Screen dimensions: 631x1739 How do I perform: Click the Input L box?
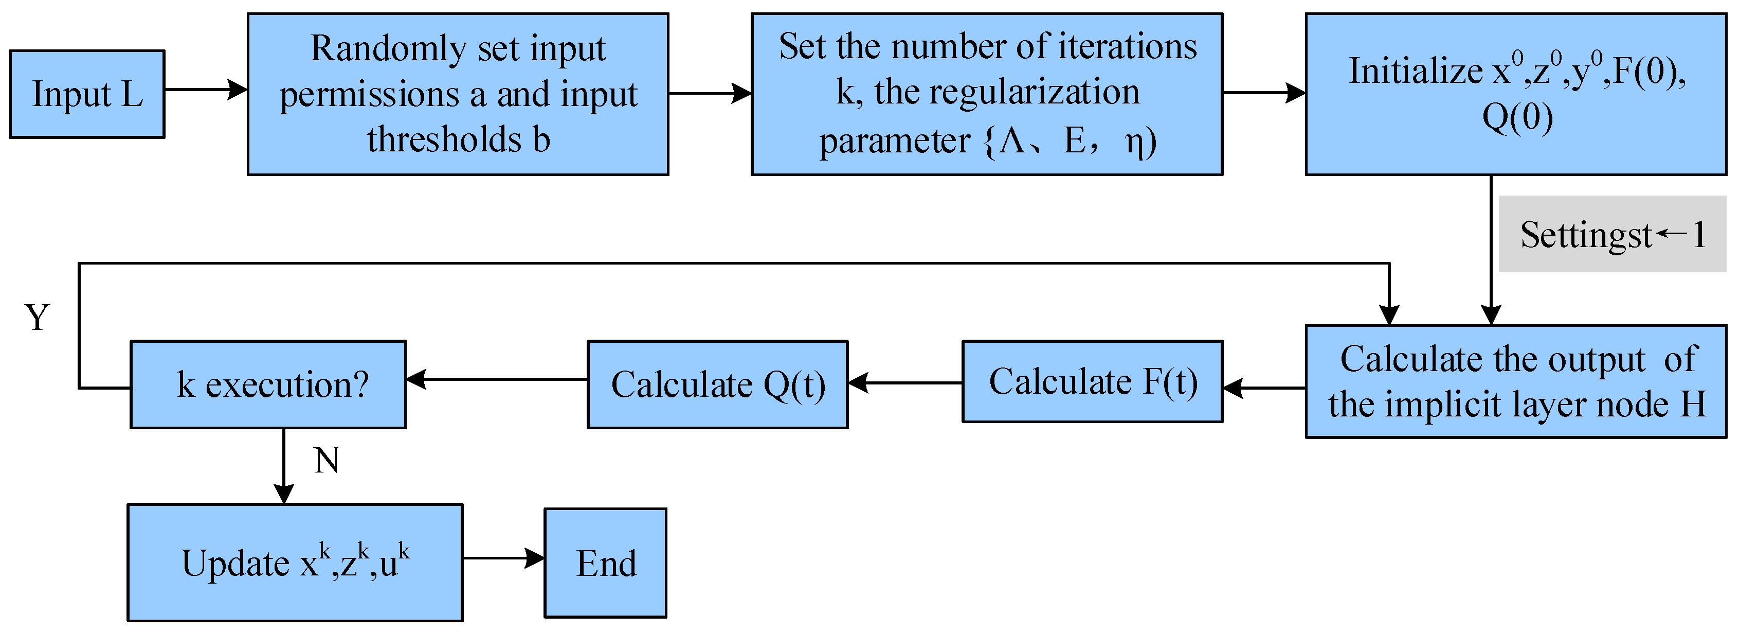pyautogui.click(x=87, y=94)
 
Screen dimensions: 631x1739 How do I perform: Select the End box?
pyautogui.click(x=606, y=563)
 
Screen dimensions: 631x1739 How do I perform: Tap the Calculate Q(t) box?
pyautogui.click(x=718, y=384)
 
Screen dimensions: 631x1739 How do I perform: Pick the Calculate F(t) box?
pyautogui.click(x=1092, y=382)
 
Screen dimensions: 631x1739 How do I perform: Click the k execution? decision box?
pyautogui.click(x=268, y=384)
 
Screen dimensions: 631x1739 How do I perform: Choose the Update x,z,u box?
pyautogui.click(x=295, y=562)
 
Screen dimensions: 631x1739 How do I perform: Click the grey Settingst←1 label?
pyautogui.click(x=1612, y=234)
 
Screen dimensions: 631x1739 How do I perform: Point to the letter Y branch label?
pyautogui.click(x=37, y=317)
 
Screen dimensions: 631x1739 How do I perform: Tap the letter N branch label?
pyautogui.click(x=327, y=461)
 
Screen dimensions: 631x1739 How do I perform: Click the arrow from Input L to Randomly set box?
pyautogui.click(x=206, y=89)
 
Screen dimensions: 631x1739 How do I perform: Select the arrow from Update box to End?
pyautogui.click(x=503, y=558)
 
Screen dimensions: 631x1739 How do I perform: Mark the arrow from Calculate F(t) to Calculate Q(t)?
pyautogui.click(x=904, y=383)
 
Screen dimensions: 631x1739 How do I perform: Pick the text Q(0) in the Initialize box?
pyautogui.click(x=1517, y=117)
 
